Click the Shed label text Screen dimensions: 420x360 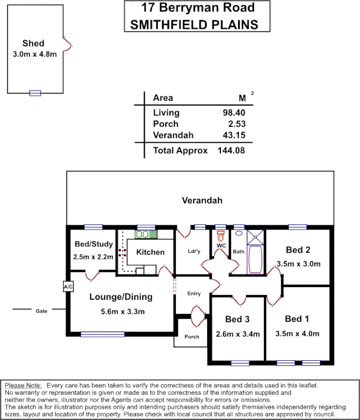click(x=33, y=43)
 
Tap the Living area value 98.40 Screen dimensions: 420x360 click(x=234, y=113)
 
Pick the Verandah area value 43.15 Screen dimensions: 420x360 click(x=234, y=135)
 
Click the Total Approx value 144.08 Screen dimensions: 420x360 click(x=231, y=151)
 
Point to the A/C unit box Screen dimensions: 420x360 click(x=68, y=287)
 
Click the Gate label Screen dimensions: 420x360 click(x=41, y=311)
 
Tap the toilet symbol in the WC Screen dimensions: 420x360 click(x=220, y=234)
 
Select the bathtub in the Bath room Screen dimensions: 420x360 click(x=255, y=259)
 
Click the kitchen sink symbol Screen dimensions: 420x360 click(x=143, y=234)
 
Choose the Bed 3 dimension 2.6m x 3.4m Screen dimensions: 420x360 click(x=238, y=333)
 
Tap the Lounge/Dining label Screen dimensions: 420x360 click(x=121, y=297)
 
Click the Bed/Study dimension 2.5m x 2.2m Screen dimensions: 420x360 click(x=93, y=257)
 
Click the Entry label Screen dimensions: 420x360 click(x=194, y=293)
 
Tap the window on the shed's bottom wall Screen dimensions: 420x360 click(x=35, y=93)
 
